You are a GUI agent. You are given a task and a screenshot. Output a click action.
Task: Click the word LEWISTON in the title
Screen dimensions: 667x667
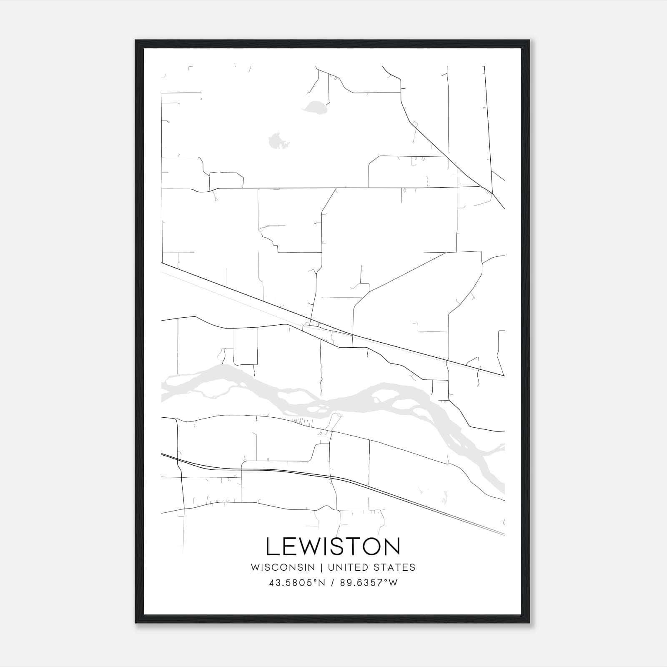pyautogui.click(x=333, y=547)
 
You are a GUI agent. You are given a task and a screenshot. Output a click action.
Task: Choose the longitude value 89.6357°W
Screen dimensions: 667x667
pyautogui.click(x=369, y=583)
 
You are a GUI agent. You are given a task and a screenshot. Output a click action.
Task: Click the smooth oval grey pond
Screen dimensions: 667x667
pyautogui.click(x=315, y=108)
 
